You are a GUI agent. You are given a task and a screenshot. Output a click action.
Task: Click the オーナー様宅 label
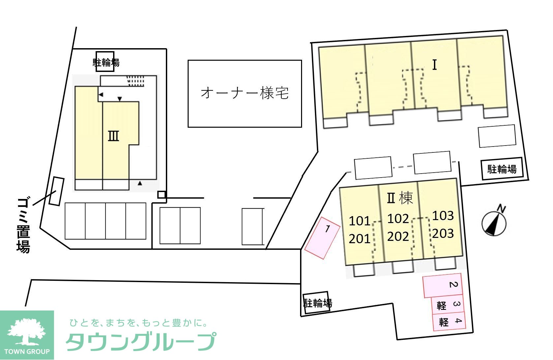[x=245, y=93]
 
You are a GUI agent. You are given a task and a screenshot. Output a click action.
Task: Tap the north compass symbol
[x=494, y=223]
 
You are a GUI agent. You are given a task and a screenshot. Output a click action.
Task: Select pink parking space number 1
[x=322, y=238]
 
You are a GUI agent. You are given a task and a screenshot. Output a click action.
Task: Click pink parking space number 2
[x=443, y=285]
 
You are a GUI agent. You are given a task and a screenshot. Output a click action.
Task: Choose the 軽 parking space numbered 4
[x=449, y=321]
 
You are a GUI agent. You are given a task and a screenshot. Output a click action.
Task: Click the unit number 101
[x=359, y=221]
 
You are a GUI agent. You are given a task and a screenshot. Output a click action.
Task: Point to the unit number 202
[x=398, y=236]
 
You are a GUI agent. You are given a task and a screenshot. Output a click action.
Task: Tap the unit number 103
[x=443, y=216]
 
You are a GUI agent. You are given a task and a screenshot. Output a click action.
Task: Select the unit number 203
[x=443, y=233]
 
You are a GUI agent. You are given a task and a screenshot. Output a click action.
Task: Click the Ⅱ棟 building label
[x=400, y=198]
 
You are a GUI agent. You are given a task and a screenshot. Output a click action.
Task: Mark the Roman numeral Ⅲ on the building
[x=113, y=136]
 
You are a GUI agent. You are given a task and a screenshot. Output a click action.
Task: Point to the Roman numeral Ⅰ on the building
[x=435, y=65]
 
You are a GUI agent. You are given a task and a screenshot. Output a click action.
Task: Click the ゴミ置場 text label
[x=23, y=226]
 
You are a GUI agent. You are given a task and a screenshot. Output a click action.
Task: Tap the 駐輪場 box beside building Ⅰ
[x=502, y=169]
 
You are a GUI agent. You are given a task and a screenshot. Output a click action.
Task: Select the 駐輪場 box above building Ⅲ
[x=106, y=62]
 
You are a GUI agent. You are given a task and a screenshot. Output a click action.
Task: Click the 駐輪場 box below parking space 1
[x=317, y=303]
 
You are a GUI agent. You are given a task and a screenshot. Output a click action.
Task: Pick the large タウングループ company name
[x=141, y=341]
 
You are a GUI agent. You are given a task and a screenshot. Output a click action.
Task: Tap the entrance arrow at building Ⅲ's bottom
[x=140, y=183]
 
